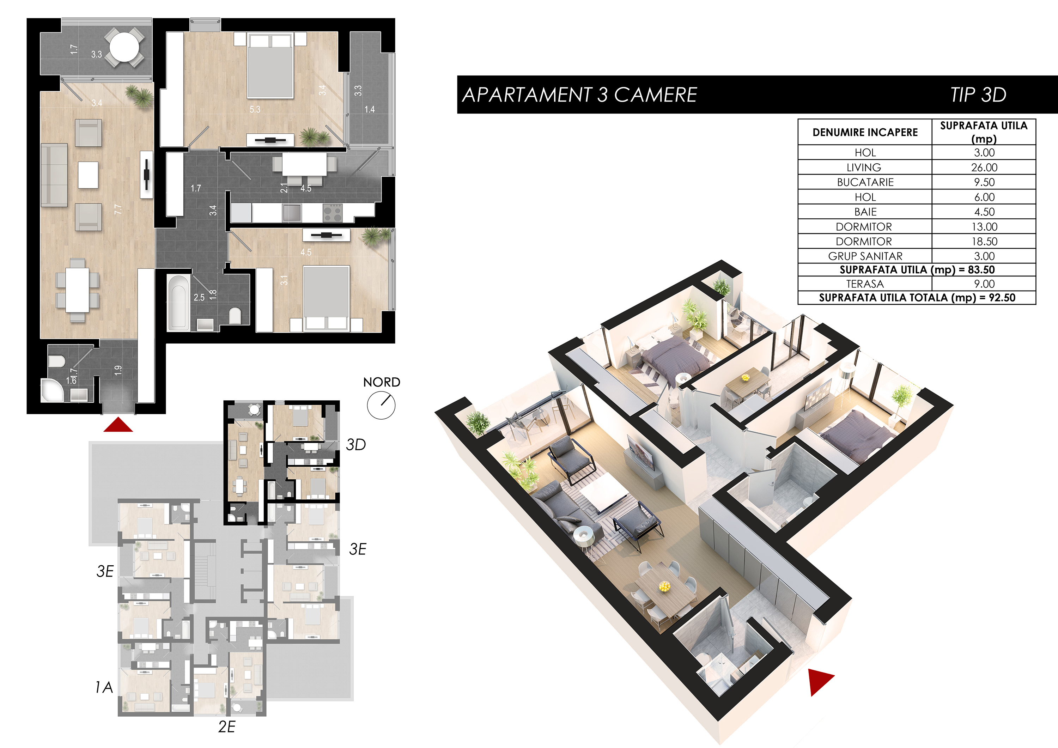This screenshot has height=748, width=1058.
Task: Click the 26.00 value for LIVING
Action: pos(984,167)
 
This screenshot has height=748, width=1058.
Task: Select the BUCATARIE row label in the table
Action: pos(865,182)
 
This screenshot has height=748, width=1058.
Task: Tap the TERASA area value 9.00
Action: pos(984,284)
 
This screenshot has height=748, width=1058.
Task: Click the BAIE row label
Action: pos(865,212)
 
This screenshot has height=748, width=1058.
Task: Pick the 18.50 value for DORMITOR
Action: pos(984,242)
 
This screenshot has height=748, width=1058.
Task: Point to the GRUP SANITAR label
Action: pos(865,256)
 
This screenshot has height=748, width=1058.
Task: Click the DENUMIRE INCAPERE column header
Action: pos(865,133)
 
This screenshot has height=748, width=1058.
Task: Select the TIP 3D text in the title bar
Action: pos(978,95)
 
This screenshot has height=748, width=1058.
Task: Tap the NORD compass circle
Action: pos(381,406)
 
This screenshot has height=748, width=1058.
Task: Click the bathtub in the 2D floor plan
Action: pos(178,302)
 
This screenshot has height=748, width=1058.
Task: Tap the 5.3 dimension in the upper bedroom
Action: pos(255,110)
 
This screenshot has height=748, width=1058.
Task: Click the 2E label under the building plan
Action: pos(227,727)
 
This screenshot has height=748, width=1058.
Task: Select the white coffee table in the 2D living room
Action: pos(88,175)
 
